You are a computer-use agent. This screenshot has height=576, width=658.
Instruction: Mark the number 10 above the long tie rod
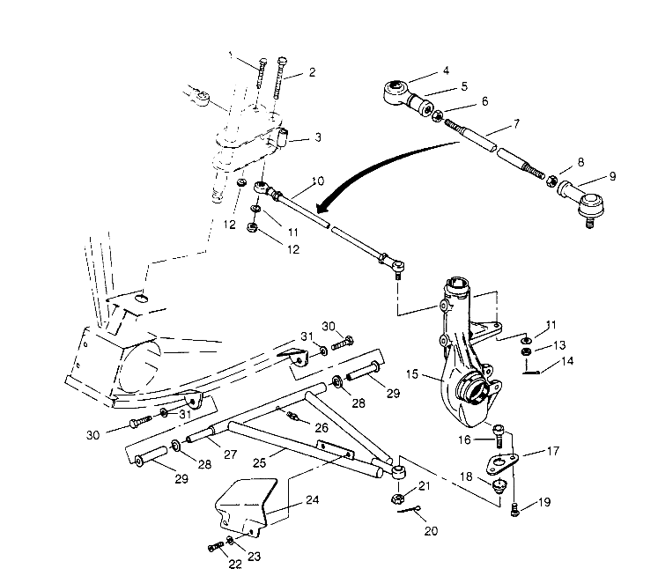pyautogui.click(x=317, y=181)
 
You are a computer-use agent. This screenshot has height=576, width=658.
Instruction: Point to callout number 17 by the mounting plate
pyautogui.click(x=552, y=452)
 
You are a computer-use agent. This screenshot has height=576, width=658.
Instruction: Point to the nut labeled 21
pyautogui.click(x=396, y=500)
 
